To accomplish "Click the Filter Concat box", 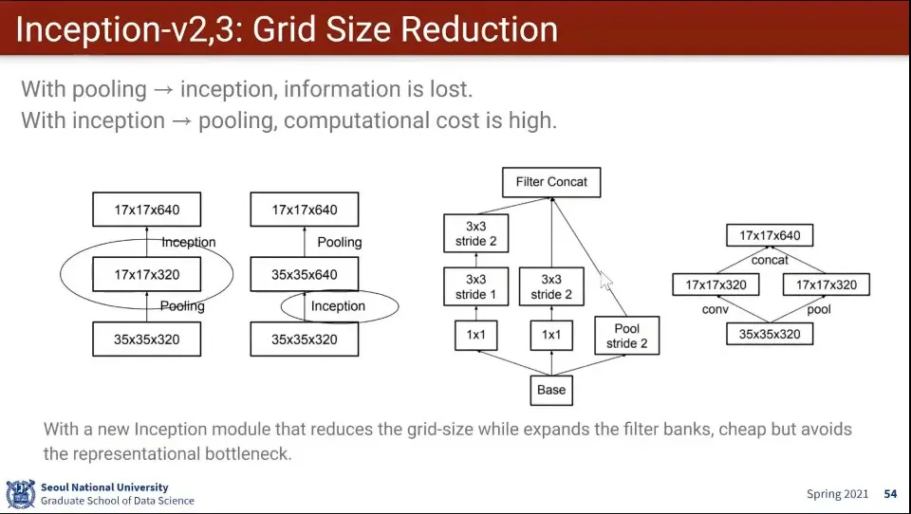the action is click(x=551, y=182).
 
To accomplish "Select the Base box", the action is click(x=551, y=391).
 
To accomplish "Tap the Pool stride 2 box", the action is click(x=627, y=336).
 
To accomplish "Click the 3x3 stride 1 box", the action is click(x=475, y=287).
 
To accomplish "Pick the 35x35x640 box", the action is click(x=305, y=274).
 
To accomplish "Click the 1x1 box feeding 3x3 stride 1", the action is click(x=475, y=335).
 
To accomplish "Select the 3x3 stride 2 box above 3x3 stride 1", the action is click(x=475, y=233).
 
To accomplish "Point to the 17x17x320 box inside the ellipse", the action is click(x=147, y=274).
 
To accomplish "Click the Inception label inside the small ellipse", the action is click(x=338, y=306).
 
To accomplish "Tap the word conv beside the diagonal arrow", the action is click(x=716, y=309).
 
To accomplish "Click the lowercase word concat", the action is click(x=770, y=260).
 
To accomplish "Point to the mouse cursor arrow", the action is click(x=605, y=281).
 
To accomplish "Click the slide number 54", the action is click(x=891, y=494).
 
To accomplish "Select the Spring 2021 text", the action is click(x=837, y=494).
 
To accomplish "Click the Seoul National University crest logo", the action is click(x=20, y=494).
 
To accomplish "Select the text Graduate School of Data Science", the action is click(x=118, y=501).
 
